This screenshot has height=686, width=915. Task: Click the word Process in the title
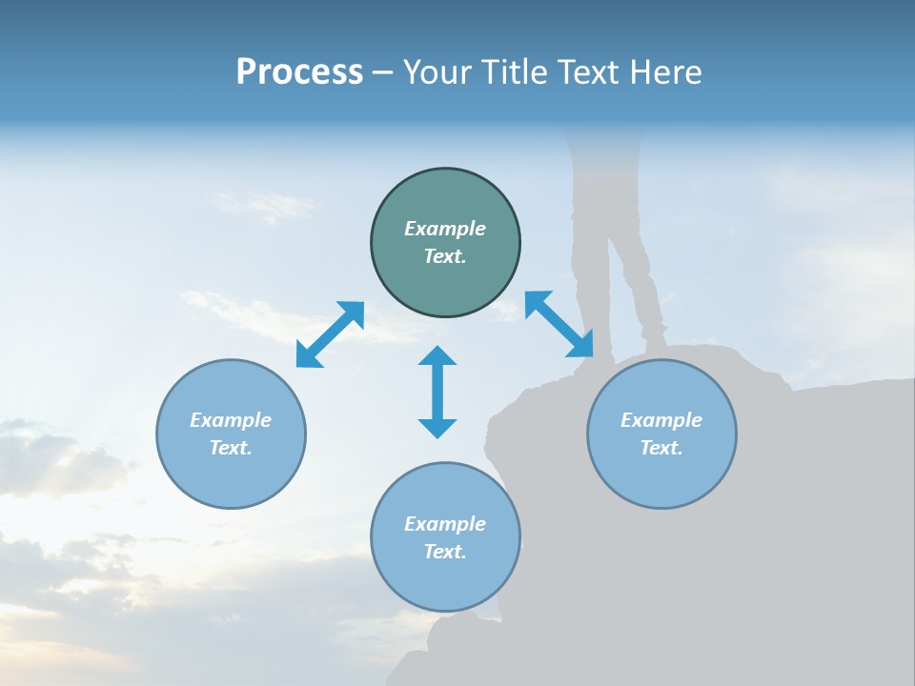tap(299, 72)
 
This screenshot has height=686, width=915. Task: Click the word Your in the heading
tap(436, 72)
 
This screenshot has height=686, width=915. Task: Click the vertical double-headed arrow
tap(437, 393)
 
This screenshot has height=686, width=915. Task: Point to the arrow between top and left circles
tap(330, 334)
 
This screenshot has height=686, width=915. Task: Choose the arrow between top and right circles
tap(559, 324)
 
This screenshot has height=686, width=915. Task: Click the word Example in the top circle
tap(445, 229)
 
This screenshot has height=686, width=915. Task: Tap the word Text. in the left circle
tap(231, 448)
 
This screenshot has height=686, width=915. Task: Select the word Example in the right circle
tap(661, 420)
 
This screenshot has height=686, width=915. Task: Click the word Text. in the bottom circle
tap(445, 552)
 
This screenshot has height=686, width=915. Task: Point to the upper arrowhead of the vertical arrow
tap(437, 356)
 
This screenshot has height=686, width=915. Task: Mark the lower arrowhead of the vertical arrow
tap(437, 428)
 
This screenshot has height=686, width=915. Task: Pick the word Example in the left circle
tap(231, 420)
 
